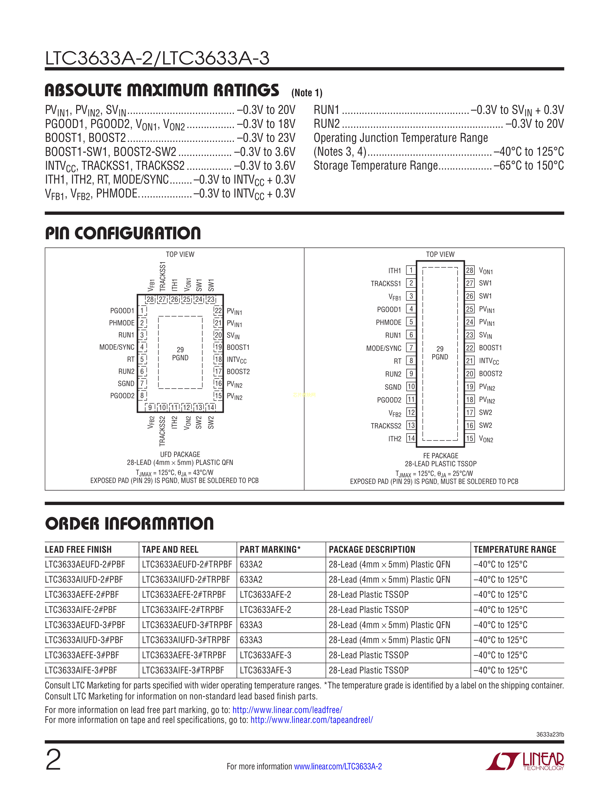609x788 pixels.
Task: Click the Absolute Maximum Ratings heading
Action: [162, 90]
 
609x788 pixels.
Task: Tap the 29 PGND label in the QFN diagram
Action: [180, 354]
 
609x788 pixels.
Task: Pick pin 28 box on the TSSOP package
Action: [469, 270]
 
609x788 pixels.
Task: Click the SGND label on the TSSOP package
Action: [393, 387]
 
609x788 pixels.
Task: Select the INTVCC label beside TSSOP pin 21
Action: [489, 361]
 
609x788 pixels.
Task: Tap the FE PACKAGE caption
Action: [441, 456]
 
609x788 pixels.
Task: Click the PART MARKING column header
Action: [270, 549]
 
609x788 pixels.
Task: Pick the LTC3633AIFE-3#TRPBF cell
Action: [183, 670]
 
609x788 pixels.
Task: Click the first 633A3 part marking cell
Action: [251, 625]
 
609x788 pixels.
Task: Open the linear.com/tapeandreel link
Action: [312, 720]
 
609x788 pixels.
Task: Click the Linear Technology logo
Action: [525, 761]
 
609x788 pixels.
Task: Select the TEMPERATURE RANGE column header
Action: [515, 549]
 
